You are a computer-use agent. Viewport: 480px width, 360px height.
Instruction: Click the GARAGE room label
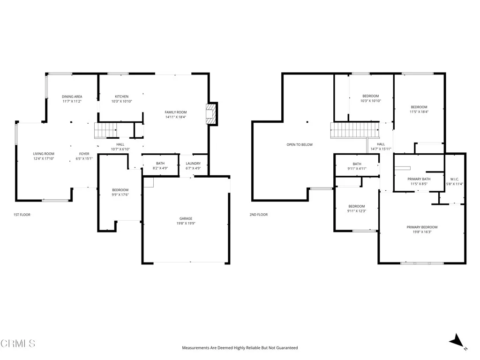pos(186,218)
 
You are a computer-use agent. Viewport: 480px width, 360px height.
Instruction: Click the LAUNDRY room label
pos(193,163)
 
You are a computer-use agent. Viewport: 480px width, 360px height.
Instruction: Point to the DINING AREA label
pos(72,97)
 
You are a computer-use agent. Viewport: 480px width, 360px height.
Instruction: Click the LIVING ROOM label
pos(44,154)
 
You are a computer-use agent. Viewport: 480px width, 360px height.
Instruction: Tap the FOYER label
pos(84,154)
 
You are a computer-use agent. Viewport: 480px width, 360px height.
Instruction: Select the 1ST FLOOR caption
pos(22,215)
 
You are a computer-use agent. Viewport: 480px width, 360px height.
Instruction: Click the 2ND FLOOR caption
pos(258,215)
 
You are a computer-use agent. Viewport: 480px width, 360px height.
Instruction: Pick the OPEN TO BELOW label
pos(300,144)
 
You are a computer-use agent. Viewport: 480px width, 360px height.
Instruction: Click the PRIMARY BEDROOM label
pos(422,227)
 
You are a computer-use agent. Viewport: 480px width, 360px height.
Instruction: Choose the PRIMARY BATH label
pos(419,179)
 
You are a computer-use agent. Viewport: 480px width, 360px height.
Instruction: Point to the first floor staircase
pos(105,129)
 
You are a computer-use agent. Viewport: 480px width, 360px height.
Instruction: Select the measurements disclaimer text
pos(240,348)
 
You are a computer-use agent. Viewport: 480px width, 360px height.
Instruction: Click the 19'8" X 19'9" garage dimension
pos(186,224)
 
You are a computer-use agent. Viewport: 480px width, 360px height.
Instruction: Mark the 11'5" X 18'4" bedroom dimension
pos(419,112)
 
